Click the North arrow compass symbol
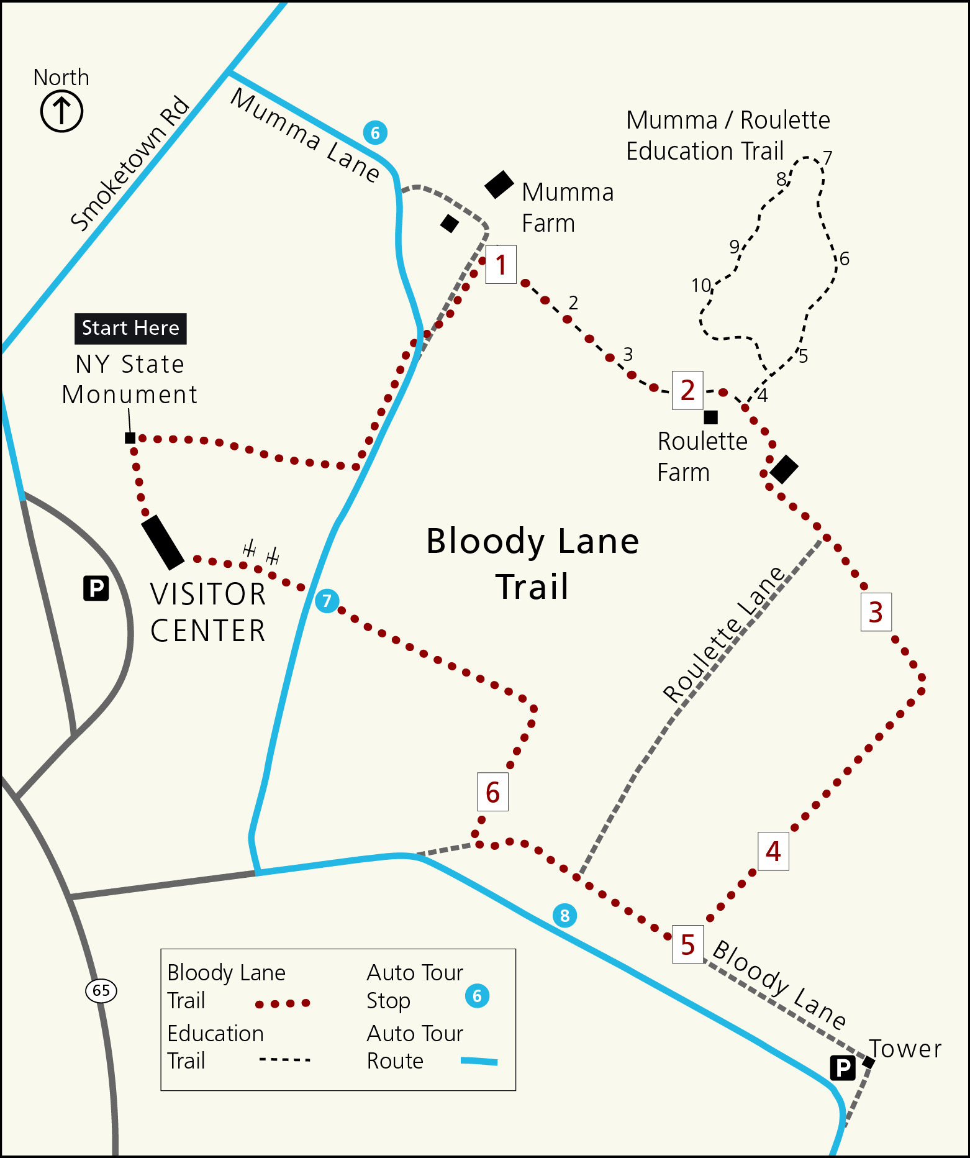(61, 111)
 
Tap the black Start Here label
(130, 328)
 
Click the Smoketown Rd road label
(130, 163)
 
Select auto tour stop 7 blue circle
(327, 601)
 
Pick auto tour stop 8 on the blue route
(564, 915)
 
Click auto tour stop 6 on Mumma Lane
(375, 132)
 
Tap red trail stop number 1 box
(501, 265)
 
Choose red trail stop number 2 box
(687, 390)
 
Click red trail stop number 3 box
(876, 612)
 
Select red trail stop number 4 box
(773, 851)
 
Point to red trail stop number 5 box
(687, 944)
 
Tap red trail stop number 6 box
(492, 792)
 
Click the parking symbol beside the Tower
(843, 1068)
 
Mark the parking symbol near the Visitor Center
(96, 588)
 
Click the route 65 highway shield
(101, 990)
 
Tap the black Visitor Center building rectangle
(163, 542)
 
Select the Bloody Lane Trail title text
(532, 563)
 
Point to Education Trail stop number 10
(701, 285)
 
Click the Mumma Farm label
(567, 207)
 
